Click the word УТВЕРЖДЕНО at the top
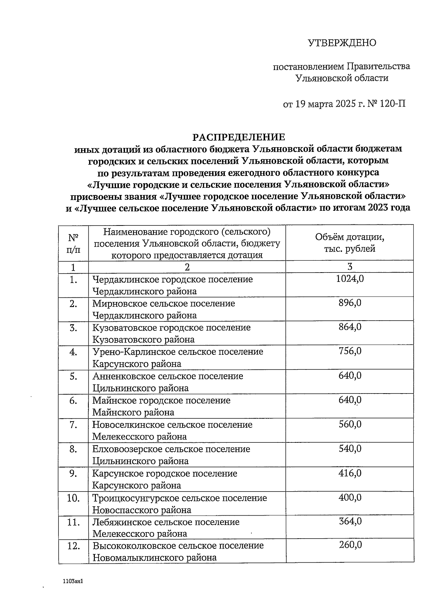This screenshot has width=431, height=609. point(342,43)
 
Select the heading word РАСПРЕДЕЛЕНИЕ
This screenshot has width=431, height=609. point(239,137)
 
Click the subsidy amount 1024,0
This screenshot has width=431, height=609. point(350,279)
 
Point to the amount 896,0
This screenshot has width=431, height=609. point(350,303)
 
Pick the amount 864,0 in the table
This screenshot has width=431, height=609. point(350,327)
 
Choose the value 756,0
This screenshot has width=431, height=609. point(350,351)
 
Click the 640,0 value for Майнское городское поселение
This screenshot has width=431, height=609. point(350,400)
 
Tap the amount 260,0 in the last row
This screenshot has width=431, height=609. point(350,545)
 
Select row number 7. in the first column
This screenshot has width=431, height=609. point(73,425)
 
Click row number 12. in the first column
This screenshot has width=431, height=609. point(73,546)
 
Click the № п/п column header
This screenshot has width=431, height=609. point(73,243)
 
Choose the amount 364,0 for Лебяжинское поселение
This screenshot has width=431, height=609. point(350,521)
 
